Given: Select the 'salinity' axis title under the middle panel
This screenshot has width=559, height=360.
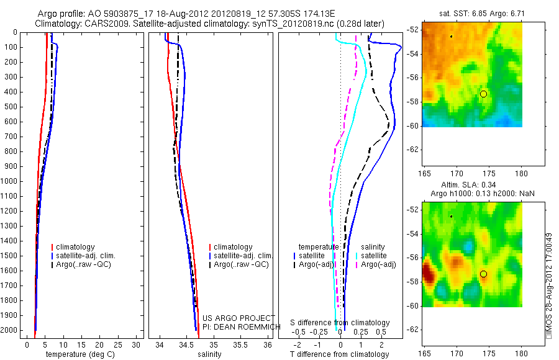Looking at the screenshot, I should point(209,354).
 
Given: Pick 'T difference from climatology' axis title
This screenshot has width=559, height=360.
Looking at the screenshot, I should point(339,354).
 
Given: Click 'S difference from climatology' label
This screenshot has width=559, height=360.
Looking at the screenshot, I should point(340,323).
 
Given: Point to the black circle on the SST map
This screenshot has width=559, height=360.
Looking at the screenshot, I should point(483,94).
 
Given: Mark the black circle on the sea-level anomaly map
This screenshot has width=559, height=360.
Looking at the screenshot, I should point(483,274).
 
